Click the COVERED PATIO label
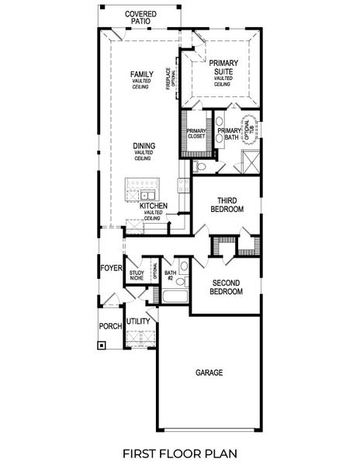140,18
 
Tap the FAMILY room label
142,75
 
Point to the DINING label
143,145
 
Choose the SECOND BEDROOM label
227,287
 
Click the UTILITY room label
138,321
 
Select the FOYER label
111,269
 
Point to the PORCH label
110,326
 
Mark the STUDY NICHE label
137,275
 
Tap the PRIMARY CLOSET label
196,134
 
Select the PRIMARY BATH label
230,134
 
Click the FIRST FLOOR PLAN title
180,450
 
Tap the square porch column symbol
102,346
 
